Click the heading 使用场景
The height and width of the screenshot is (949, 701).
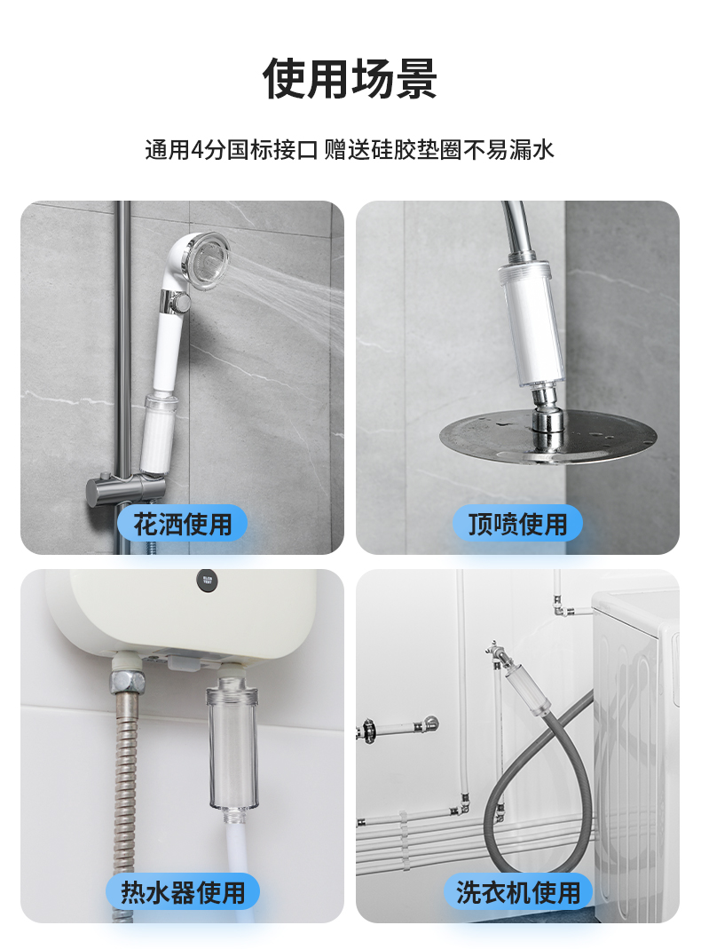tap(350, 79)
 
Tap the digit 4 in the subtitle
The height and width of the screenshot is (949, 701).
tap(197, 149)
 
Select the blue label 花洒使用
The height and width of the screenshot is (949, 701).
tap(182, 524)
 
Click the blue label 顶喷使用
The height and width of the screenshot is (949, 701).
tap(517, 524)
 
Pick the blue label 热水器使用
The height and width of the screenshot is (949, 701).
tap(183, 892)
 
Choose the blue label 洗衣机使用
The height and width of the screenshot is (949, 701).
tap(517, 892)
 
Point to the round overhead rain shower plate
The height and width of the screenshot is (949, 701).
tap(547, 436)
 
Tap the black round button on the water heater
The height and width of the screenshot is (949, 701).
tap(207, 581)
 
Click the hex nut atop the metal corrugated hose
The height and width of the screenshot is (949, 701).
tap(129, 682)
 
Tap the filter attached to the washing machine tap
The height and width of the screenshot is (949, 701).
tap(527, 687)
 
